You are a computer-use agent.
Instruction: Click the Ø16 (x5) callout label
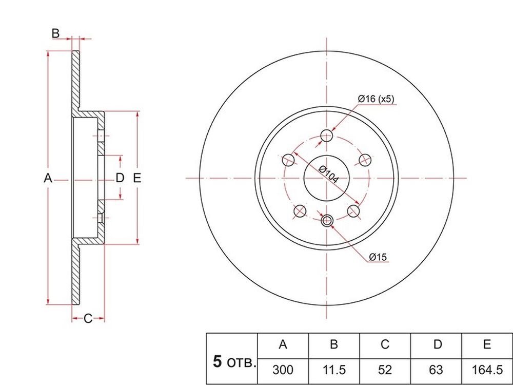[x=376, y=99]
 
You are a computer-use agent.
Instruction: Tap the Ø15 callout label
[x=378, y=257]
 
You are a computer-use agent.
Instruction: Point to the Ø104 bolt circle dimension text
[x=329, y=175]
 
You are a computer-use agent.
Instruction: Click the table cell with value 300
[x=283, y=370]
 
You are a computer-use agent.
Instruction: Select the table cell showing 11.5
[x=334, y=370]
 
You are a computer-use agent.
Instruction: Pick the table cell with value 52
[x=385, y=370]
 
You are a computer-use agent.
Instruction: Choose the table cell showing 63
[x=436, y=370]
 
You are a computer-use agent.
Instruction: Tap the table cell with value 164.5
[x=487, y=370]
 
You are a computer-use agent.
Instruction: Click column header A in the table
[x=283, y=345]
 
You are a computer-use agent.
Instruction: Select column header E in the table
[x=487, y=345]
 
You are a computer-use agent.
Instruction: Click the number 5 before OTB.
[x=217, y=362]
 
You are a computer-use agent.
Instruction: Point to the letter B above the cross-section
[x=55, y=33]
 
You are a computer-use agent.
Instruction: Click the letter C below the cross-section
[x=88, y=318]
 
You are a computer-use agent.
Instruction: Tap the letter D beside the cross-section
[x=120, y=178]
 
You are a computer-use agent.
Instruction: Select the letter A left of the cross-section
[x=48, y=178]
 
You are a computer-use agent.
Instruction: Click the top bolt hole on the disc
[x=326, y=135]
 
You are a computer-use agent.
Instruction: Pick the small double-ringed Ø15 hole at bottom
[x=326, y=221]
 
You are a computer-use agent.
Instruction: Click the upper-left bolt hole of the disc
[x=288, y=160]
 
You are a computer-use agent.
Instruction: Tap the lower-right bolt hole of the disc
[x=353, y=211]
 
